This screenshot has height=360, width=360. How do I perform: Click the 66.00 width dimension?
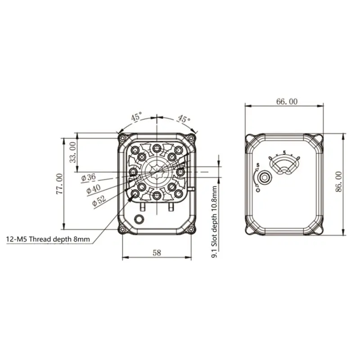point(286,102)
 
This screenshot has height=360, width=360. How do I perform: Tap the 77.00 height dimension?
point(59,184)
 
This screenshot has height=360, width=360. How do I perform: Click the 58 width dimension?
point(156,253)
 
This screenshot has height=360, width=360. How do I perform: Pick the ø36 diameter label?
point(89,177)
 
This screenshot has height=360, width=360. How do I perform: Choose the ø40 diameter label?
point(93,189)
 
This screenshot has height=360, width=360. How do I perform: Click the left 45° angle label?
point(136,117)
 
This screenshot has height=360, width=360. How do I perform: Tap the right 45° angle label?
point(183,119)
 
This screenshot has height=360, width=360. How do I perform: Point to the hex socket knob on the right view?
point(265,178)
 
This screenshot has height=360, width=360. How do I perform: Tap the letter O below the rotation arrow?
point(257,190)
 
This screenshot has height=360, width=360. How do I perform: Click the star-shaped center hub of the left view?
point(156,172)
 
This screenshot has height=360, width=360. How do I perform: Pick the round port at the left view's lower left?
point(140,219)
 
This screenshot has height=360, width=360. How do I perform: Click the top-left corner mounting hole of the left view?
point(122,136)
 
